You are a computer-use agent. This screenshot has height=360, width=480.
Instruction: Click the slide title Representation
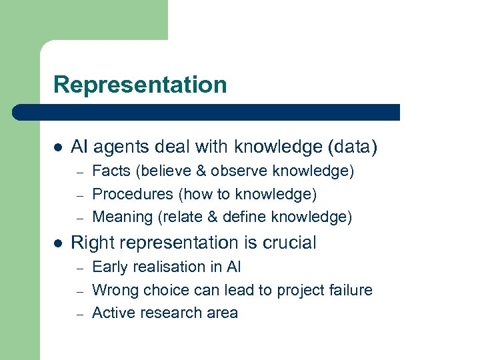tap(140, 85)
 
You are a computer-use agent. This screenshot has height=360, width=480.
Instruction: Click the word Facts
tap(111, 171)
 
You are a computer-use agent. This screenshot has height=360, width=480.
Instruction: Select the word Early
tap(110, 267)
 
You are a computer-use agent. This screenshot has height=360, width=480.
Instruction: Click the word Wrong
tap(114, 290)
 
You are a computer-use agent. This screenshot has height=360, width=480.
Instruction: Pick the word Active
tap(113, 313)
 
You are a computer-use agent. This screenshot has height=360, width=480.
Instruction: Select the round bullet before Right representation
tap(58, 243)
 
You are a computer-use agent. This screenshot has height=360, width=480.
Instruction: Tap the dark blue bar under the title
tap(207, 112)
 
